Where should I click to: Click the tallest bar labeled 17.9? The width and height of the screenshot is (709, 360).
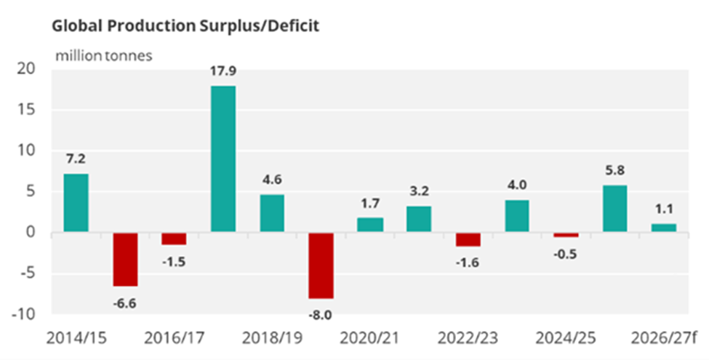[223, 159]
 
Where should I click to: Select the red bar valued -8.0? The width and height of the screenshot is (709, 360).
[320, 265]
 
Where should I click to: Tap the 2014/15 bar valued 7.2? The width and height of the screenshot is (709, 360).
[76, 203]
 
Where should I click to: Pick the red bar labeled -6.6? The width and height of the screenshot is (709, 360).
[124, 260]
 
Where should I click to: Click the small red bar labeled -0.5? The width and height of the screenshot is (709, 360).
[566, 235]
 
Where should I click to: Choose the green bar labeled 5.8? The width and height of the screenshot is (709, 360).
[614, 209]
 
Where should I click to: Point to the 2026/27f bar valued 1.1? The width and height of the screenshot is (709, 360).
[663, 228]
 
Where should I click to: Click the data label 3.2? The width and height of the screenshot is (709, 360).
[418, 192]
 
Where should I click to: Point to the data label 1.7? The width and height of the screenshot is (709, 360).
[369, 204]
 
